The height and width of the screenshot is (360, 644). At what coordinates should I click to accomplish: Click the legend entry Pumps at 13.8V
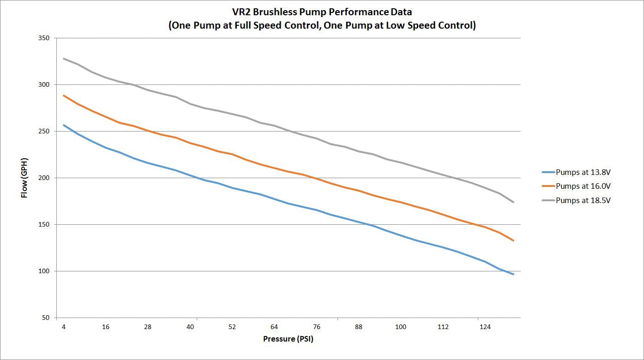576,172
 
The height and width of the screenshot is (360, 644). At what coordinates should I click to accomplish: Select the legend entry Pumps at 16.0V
576,186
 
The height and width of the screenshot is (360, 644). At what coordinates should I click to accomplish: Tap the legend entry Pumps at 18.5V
576,200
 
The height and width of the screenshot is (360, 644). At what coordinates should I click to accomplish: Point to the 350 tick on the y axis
44,38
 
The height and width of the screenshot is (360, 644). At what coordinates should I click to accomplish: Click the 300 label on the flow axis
44,84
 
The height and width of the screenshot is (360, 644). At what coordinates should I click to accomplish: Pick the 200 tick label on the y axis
44,178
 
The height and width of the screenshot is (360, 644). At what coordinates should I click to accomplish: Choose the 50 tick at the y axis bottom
46,318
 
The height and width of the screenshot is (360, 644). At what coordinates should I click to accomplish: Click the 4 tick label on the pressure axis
64,327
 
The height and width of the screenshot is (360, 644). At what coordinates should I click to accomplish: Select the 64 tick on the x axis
274,327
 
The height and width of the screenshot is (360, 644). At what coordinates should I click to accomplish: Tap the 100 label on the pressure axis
401,327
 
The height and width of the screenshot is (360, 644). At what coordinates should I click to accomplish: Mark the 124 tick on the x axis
485,327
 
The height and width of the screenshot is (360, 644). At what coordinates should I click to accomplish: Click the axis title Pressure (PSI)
288,339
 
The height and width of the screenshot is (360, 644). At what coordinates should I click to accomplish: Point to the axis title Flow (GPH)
24,178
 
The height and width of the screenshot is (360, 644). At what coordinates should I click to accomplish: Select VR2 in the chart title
241,12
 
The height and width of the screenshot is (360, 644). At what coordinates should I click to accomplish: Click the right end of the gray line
513,202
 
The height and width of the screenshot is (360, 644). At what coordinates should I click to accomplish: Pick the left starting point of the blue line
64,125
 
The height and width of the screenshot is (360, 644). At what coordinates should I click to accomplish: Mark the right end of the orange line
513,240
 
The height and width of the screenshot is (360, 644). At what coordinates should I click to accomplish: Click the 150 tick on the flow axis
44,224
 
